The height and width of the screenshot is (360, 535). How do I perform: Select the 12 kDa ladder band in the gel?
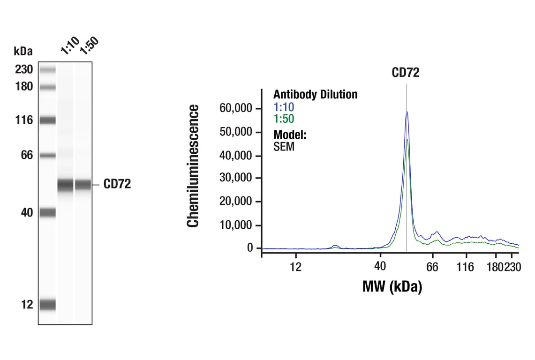pos(47,305)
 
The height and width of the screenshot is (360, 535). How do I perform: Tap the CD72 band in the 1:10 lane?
pos(65,185)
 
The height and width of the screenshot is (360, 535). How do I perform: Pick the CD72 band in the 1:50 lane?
pos(83,185)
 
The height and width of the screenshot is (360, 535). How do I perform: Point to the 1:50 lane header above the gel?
pos(89,45)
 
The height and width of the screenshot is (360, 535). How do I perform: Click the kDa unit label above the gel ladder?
pos(23,51)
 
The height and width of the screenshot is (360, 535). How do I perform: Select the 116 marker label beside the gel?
pos(23,120)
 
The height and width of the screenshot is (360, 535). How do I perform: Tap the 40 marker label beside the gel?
pos(27,213)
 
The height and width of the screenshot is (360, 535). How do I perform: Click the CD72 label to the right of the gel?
pos(117,184)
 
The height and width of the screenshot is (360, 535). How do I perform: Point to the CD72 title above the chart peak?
pos(406,73)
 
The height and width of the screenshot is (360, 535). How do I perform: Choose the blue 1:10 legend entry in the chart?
pos(284,107)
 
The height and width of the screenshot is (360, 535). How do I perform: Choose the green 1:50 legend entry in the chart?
pos(284,119)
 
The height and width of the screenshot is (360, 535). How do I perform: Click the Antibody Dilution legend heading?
pos(315,95)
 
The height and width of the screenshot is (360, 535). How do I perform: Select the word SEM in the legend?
pos(284,147)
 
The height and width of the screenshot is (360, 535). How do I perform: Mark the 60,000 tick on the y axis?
pos(236,109)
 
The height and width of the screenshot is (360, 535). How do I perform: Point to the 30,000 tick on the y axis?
pos(236,179)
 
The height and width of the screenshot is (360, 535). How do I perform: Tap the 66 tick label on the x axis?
pos(432,267)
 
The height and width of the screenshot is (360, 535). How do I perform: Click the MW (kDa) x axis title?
pos(392,286)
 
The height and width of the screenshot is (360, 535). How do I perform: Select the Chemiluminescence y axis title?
pos(193,166)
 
